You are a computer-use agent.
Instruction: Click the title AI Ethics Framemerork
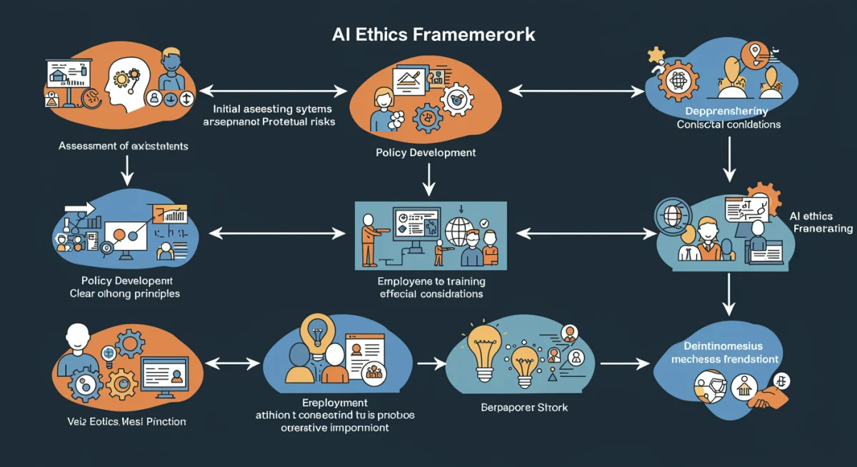pyautogui.click(x=433, y=35)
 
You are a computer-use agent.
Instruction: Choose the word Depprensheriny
pyautogui.click(x=727, y=111)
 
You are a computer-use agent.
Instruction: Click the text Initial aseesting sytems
pyautogui.click(x=273, y=109)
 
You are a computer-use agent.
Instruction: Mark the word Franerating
pyautogui.click(x=823, y=229)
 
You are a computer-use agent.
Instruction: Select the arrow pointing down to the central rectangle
pyautogui.click(x=428, y=179)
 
